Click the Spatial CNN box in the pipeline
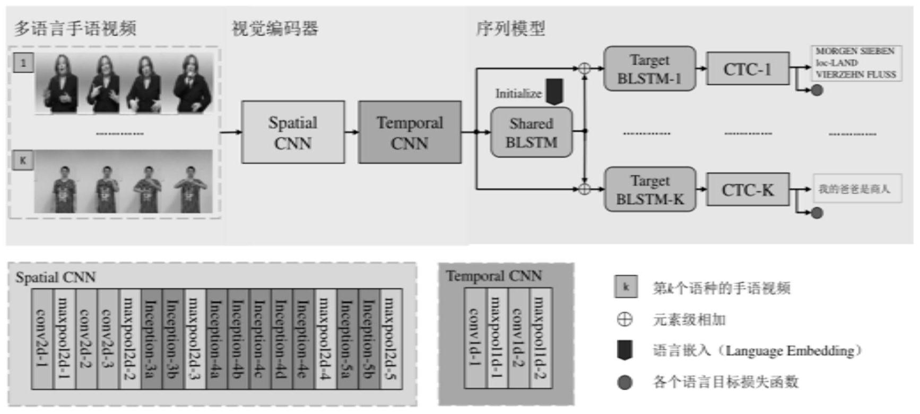tap(292, 132)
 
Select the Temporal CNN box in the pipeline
tap(409, 132)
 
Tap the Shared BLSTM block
tap(531, 133)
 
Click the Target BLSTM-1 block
tap(649, 68)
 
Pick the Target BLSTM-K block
tap(650, 190)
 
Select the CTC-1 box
tap(747, 69)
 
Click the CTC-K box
tap(747, 190)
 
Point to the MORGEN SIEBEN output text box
tap(856, 63)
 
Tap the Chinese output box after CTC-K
tap(857, 189)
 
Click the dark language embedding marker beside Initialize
tap(554, 92)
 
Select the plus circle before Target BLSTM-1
tap(584, 68)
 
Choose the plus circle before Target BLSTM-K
tap(584, 189)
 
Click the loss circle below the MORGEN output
tap(817, 91)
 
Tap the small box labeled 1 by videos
tap(23, 63)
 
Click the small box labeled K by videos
tap(23, 160)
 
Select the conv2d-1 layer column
tap(42, 339)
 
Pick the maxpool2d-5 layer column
tap(390, 339)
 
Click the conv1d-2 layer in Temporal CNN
tap(518, 338)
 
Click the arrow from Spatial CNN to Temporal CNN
tap(351, 132)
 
